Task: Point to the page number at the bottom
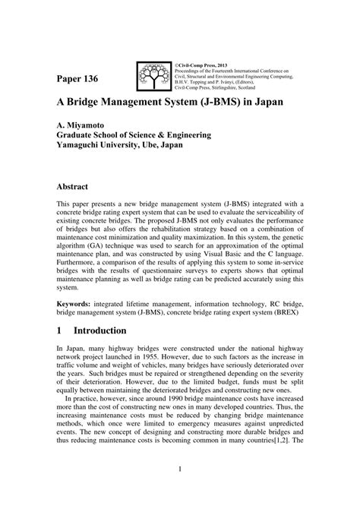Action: click(x=180, y=491)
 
